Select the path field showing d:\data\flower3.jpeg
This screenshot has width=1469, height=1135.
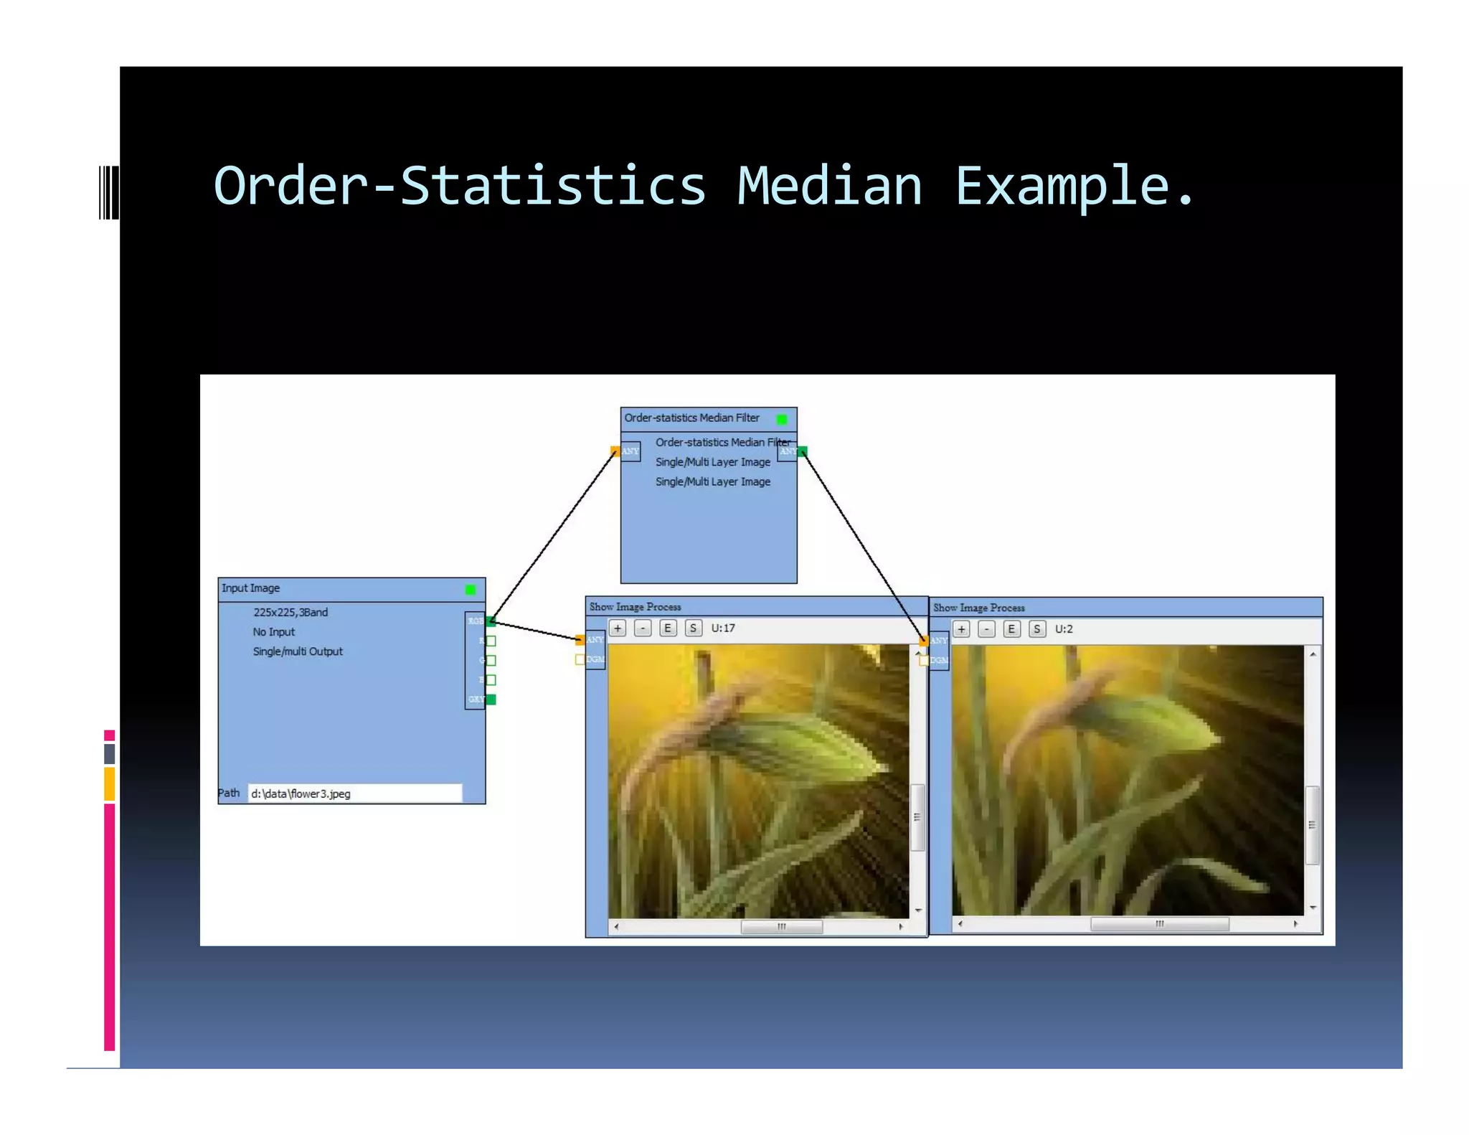tap(355, 793)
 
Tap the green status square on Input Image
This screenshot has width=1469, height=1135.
tap(471, 590)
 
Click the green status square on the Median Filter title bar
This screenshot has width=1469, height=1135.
tap(782, 419)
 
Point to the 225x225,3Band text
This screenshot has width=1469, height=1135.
tap(291, 612)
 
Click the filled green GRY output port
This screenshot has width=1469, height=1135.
tap(491, 700)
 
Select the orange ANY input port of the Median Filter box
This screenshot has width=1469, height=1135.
tap(615, 451)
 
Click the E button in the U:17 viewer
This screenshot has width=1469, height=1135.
tap(668, 628)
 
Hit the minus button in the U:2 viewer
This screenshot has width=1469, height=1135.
tap(987, 629)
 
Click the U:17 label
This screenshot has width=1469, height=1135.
tap(723, 628)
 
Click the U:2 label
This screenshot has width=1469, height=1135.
tap(1064, 629)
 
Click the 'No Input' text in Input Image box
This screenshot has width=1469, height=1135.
tap(273, 632)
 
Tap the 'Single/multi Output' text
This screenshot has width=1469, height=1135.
tap(298, 651)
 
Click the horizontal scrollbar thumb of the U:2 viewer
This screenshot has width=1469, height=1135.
tap(1159, 924)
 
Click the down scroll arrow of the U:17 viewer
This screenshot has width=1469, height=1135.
tap(918, 910)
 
